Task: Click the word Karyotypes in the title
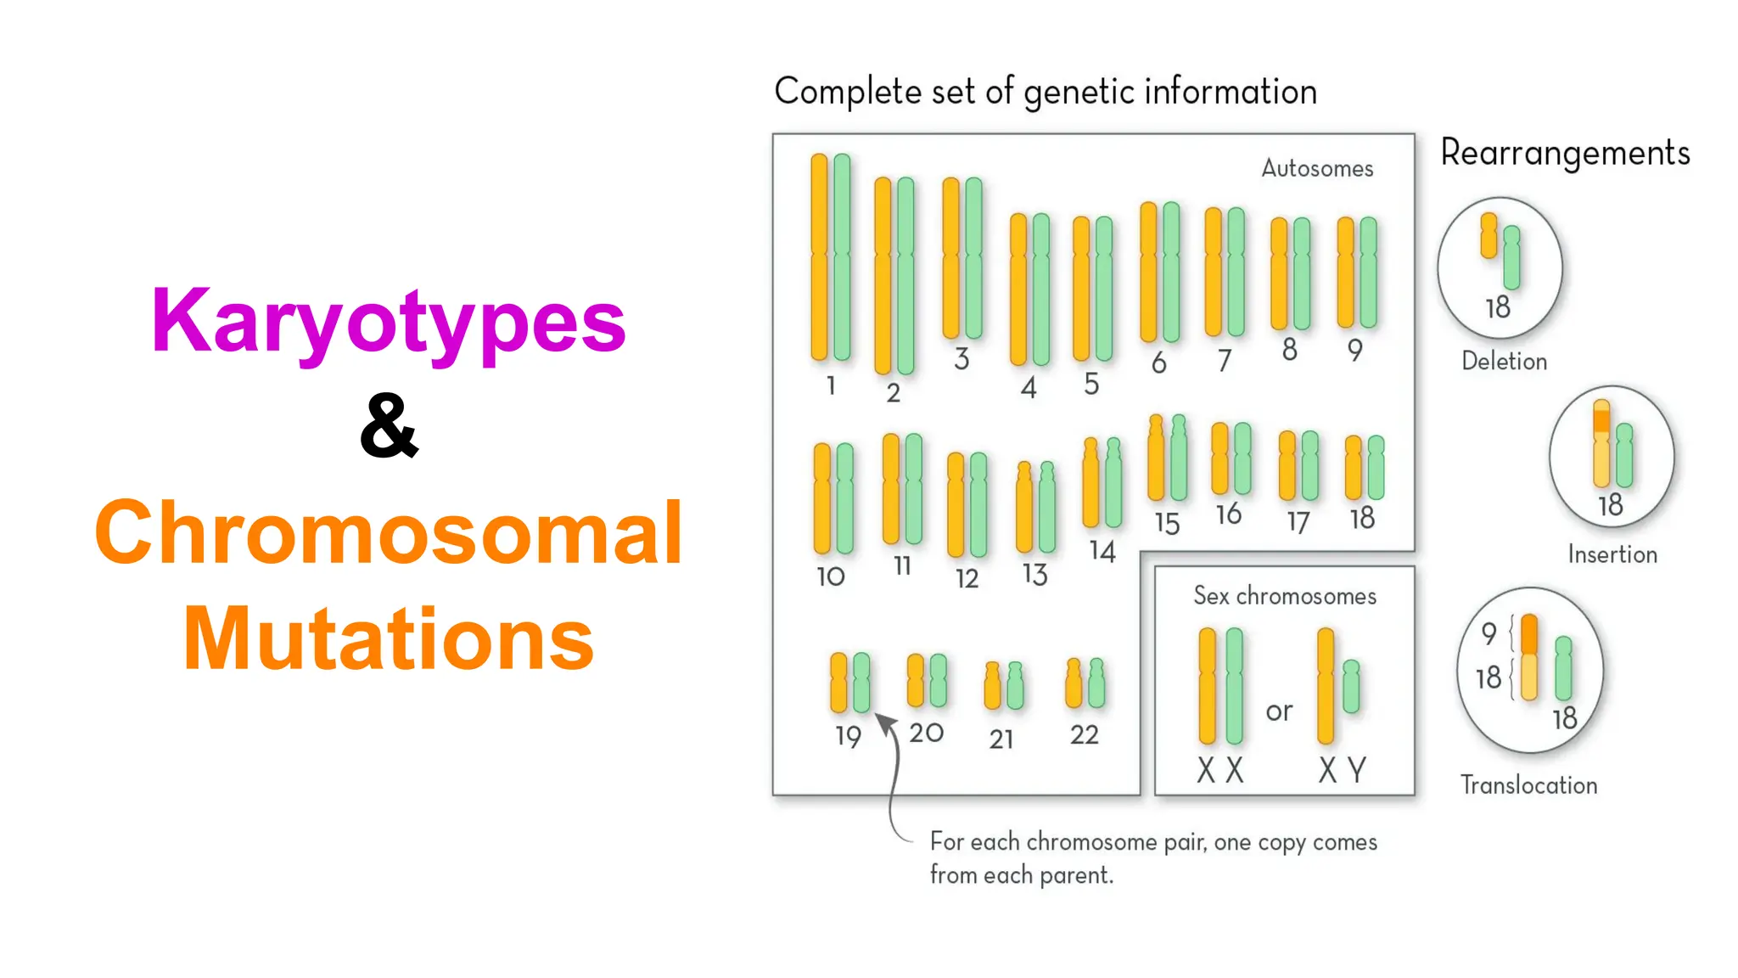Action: pos(389,323)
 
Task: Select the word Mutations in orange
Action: pos(389,638)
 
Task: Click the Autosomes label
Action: pos(1316,168)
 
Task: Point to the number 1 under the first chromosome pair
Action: pos(831,385)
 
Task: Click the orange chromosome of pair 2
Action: pos(883,276)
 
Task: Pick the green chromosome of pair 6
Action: pos(1171,272)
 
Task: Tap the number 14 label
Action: pos(1102,551)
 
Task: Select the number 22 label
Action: pos(1084,734)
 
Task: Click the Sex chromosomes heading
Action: pos(1284,596)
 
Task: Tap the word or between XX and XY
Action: pos(1279,711)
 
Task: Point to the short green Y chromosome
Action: pos(1352,686)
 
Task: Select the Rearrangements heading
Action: pos(1565,154)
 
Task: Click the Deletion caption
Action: pos(1504,362)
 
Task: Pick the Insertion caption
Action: pos(1612,554)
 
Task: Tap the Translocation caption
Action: pos(1528,785)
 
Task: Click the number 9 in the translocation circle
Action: pos(1489,633)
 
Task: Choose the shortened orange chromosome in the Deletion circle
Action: pos(1489,235)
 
